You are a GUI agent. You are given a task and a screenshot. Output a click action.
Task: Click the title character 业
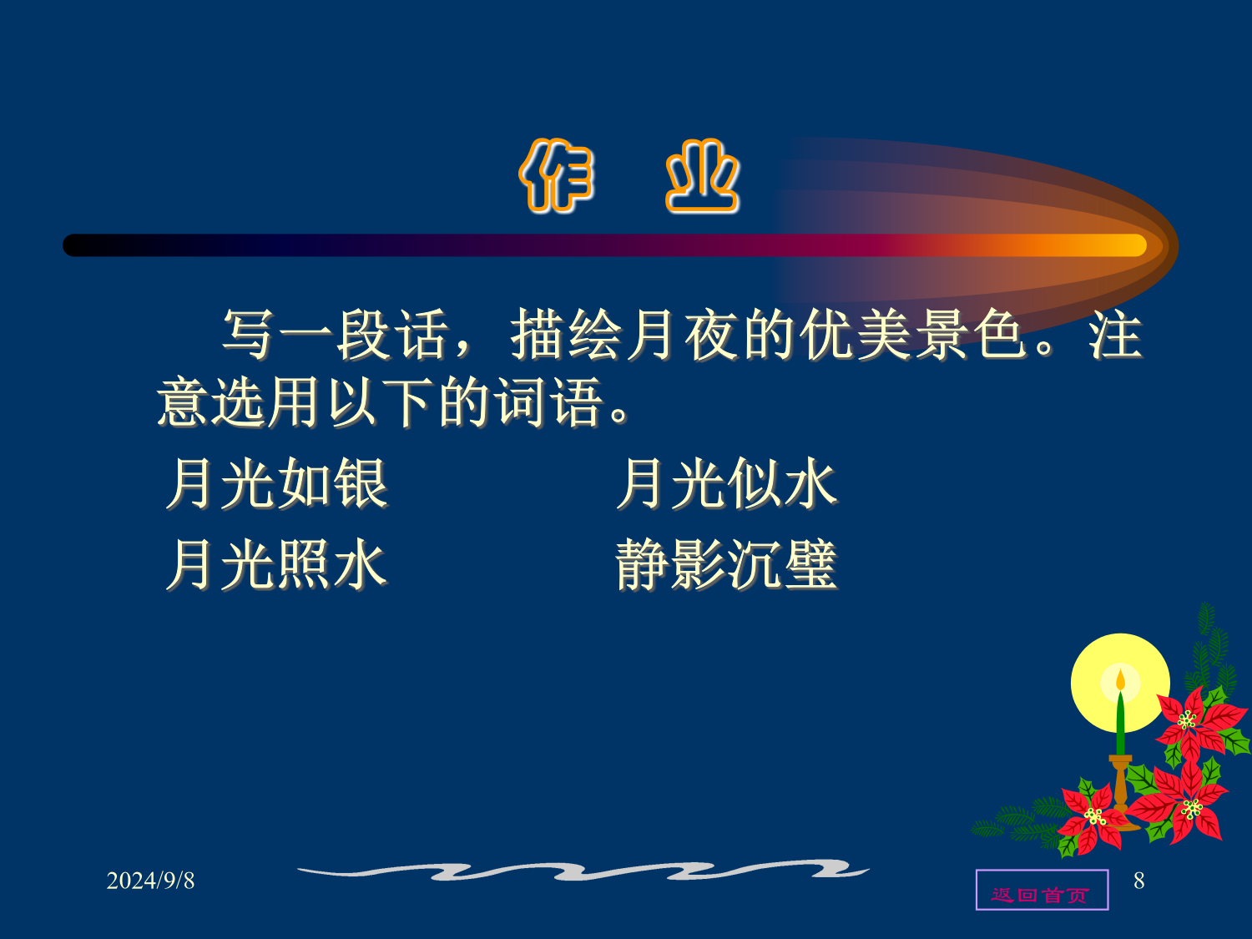coord(703,175)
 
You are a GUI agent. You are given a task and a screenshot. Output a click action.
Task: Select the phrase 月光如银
coord(277,483)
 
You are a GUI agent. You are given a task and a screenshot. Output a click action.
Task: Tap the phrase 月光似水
coord(727,483)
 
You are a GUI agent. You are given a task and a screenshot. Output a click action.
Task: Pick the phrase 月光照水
coord(277,564)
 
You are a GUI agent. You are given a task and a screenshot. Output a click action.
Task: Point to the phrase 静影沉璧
coord(727,564)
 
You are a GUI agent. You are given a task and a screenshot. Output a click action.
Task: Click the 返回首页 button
coord(1042,890)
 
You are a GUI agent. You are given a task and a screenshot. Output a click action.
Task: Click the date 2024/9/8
coord(150,881)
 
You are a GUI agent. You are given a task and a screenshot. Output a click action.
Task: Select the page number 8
coord(1139,881)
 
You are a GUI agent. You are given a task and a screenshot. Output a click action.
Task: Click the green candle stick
coord(1120,723)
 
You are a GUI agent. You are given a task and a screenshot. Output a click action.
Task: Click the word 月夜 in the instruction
coord(683,335)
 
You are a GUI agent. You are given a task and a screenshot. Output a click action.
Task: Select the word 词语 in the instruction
coord(550,402)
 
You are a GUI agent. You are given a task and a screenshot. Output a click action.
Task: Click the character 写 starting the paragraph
coord(248,335)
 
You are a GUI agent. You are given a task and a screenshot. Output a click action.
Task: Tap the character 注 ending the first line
coord(1116,335)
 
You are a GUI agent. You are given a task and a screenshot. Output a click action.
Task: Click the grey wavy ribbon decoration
coord(583,870)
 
